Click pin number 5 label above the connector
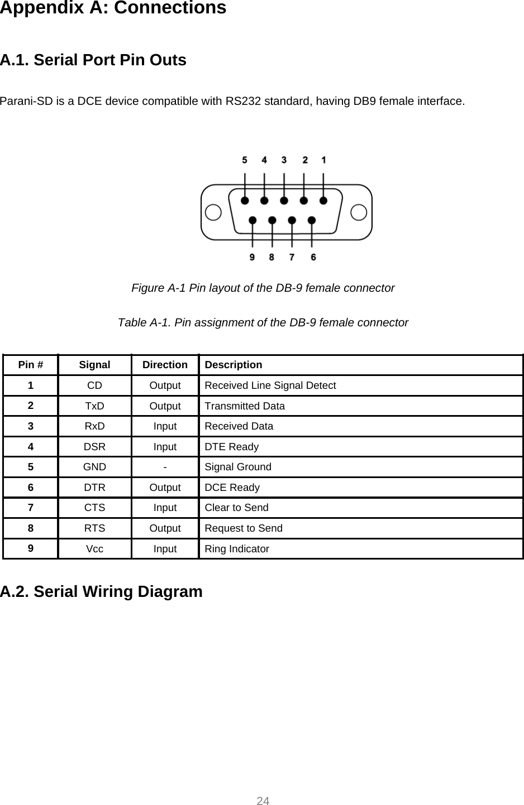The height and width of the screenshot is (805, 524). point(245,160)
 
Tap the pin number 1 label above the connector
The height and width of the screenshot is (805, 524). point(324,160)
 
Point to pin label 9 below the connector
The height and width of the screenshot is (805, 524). point(253,257)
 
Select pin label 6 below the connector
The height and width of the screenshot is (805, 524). point(313,257)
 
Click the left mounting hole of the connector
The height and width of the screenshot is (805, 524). point(213,213)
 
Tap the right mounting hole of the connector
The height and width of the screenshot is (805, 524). point(359,213)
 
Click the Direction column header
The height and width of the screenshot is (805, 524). point(165,365)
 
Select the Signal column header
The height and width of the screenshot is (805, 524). point(94,365)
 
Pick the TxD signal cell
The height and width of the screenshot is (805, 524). point(94,406)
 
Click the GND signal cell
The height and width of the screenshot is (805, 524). point(94,467)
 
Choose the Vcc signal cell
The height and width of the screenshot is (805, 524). point(94,549)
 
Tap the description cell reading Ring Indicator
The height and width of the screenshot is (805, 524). point(237,549)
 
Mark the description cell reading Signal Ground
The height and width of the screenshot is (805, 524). point(238,467)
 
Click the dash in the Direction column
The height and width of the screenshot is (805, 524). point(165,467)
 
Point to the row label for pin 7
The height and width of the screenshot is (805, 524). point(31,508)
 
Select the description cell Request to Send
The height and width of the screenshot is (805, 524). point(244,528)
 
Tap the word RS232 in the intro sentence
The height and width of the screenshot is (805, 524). point(243,102)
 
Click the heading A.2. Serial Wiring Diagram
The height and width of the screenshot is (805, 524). point(101,591)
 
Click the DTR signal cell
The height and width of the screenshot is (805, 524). point(94,488)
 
